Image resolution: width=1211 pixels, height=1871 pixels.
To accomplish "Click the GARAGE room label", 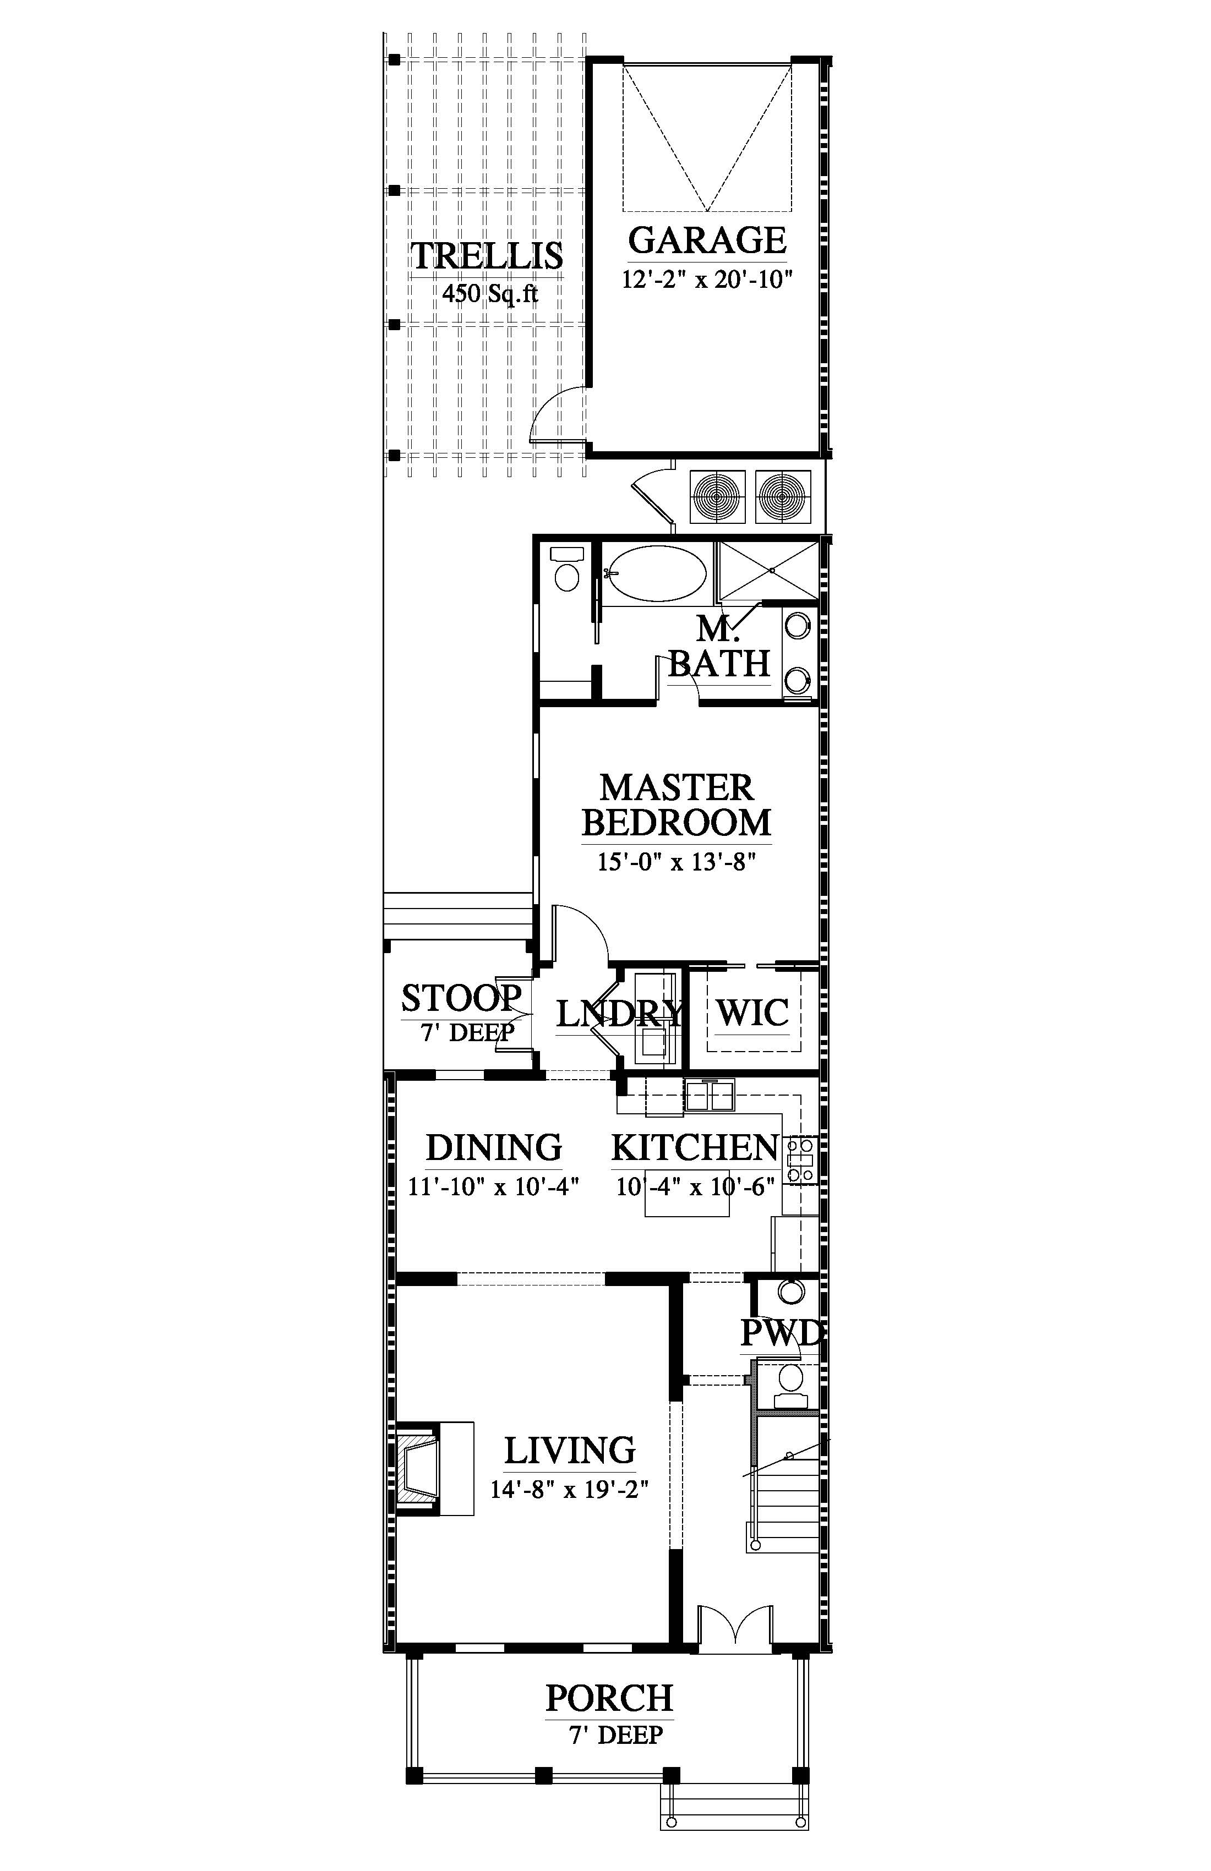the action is coord(707,240).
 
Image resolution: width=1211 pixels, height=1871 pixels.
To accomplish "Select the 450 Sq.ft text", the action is coord(490,294).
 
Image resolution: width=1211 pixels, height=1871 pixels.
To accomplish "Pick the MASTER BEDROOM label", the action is coord(677,805).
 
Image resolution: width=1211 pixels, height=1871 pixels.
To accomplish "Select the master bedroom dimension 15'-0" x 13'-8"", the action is coord(677,862).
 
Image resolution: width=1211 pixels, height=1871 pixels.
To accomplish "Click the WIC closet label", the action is coord(752,1013).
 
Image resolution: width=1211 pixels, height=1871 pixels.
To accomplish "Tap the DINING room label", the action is coord(494,1148).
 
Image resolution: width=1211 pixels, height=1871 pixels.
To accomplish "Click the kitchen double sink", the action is coord(710,1096).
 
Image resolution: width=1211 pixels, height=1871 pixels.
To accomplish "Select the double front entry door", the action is coord(735,1624).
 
